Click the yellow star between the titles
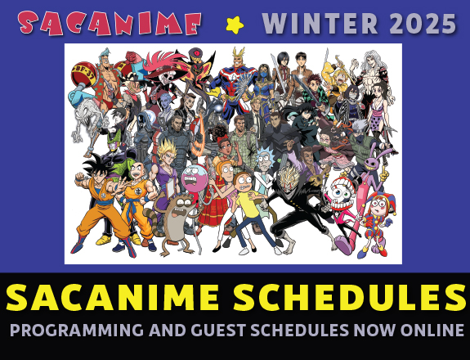(x=235, y=25)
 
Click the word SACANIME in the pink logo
(x=109, y=23)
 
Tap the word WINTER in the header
(x=320, y=24)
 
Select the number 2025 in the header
(x=423, y=24)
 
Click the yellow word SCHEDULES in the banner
(x=350, y=297)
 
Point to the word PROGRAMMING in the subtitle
(x=77, y=330)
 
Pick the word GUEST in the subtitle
(x=218, y=330)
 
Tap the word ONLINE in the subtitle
(x=432, y=330)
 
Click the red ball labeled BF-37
(x=83, y=74)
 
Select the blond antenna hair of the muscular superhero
(x=239, y=52)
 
